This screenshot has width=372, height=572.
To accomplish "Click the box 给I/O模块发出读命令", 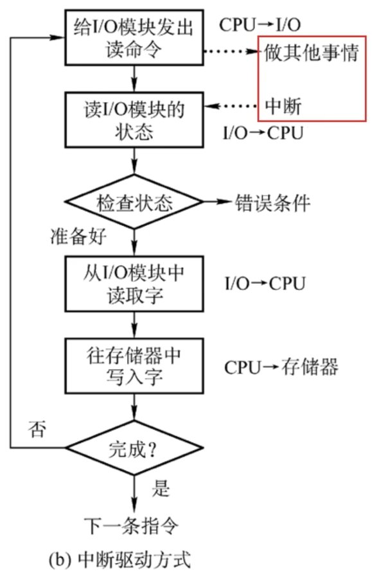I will pyautogui.click(x=134, y=38).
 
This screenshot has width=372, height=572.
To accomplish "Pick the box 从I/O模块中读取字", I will pyautogui.click(x=134, y=282).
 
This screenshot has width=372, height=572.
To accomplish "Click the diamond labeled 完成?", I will pyautogui.click(x=134, y=448).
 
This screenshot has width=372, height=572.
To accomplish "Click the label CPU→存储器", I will pyautogui.click(x=281, y=368).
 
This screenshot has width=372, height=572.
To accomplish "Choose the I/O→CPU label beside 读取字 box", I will pyautogui.click(x=264, y=283).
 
